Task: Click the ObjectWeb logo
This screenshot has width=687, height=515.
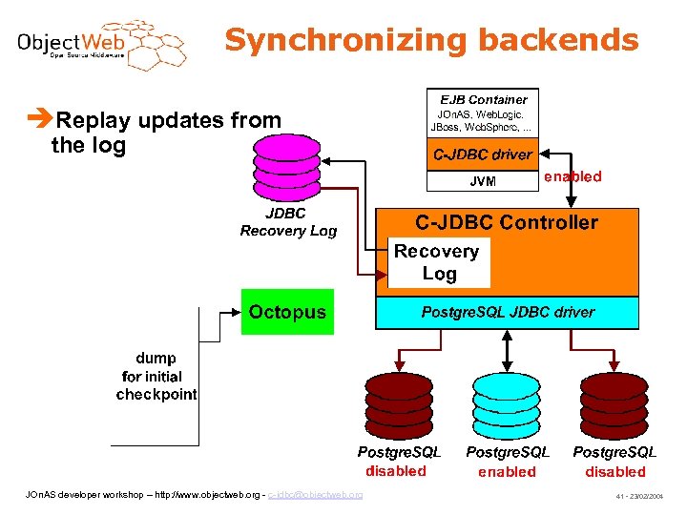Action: tap(100, 43)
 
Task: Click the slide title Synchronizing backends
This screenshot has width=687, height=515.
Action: tap(431, 40)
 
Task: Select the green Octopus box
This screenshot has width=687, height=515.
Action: tap(287, 312)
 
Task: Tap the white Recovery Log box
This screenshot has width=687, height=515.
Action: tap(437, 262)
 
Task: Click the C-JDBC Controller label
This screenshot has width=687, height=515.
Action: tap(506, 223)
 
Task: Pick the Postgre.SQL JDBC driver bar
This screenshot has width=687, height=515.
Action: tap(507, 312)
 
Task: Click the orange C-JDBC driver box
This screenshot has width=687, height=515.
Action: tap(483, 154)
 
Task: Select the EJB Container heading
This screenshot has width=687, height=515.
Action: tap(483, 99)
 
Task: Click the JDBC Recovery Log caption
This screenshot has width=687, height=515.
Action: tap(288, 222)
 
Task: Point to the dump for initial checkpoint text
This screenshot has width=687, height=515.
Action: tap(156, 377)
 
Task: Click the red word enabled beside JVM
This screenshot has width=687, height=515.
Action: tap(572, 176)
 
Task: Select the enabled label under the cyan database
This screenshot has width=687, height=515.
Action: tap(507, 472)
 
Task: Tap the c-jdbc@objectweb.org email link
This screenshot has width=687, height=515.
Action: tap(315, 494)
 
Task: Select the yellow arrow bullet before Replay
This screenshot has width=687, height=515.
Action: tap(40, 120)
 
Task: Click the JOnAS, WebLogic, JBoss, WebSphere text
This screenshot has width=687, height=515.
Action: tap(483, 121)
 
